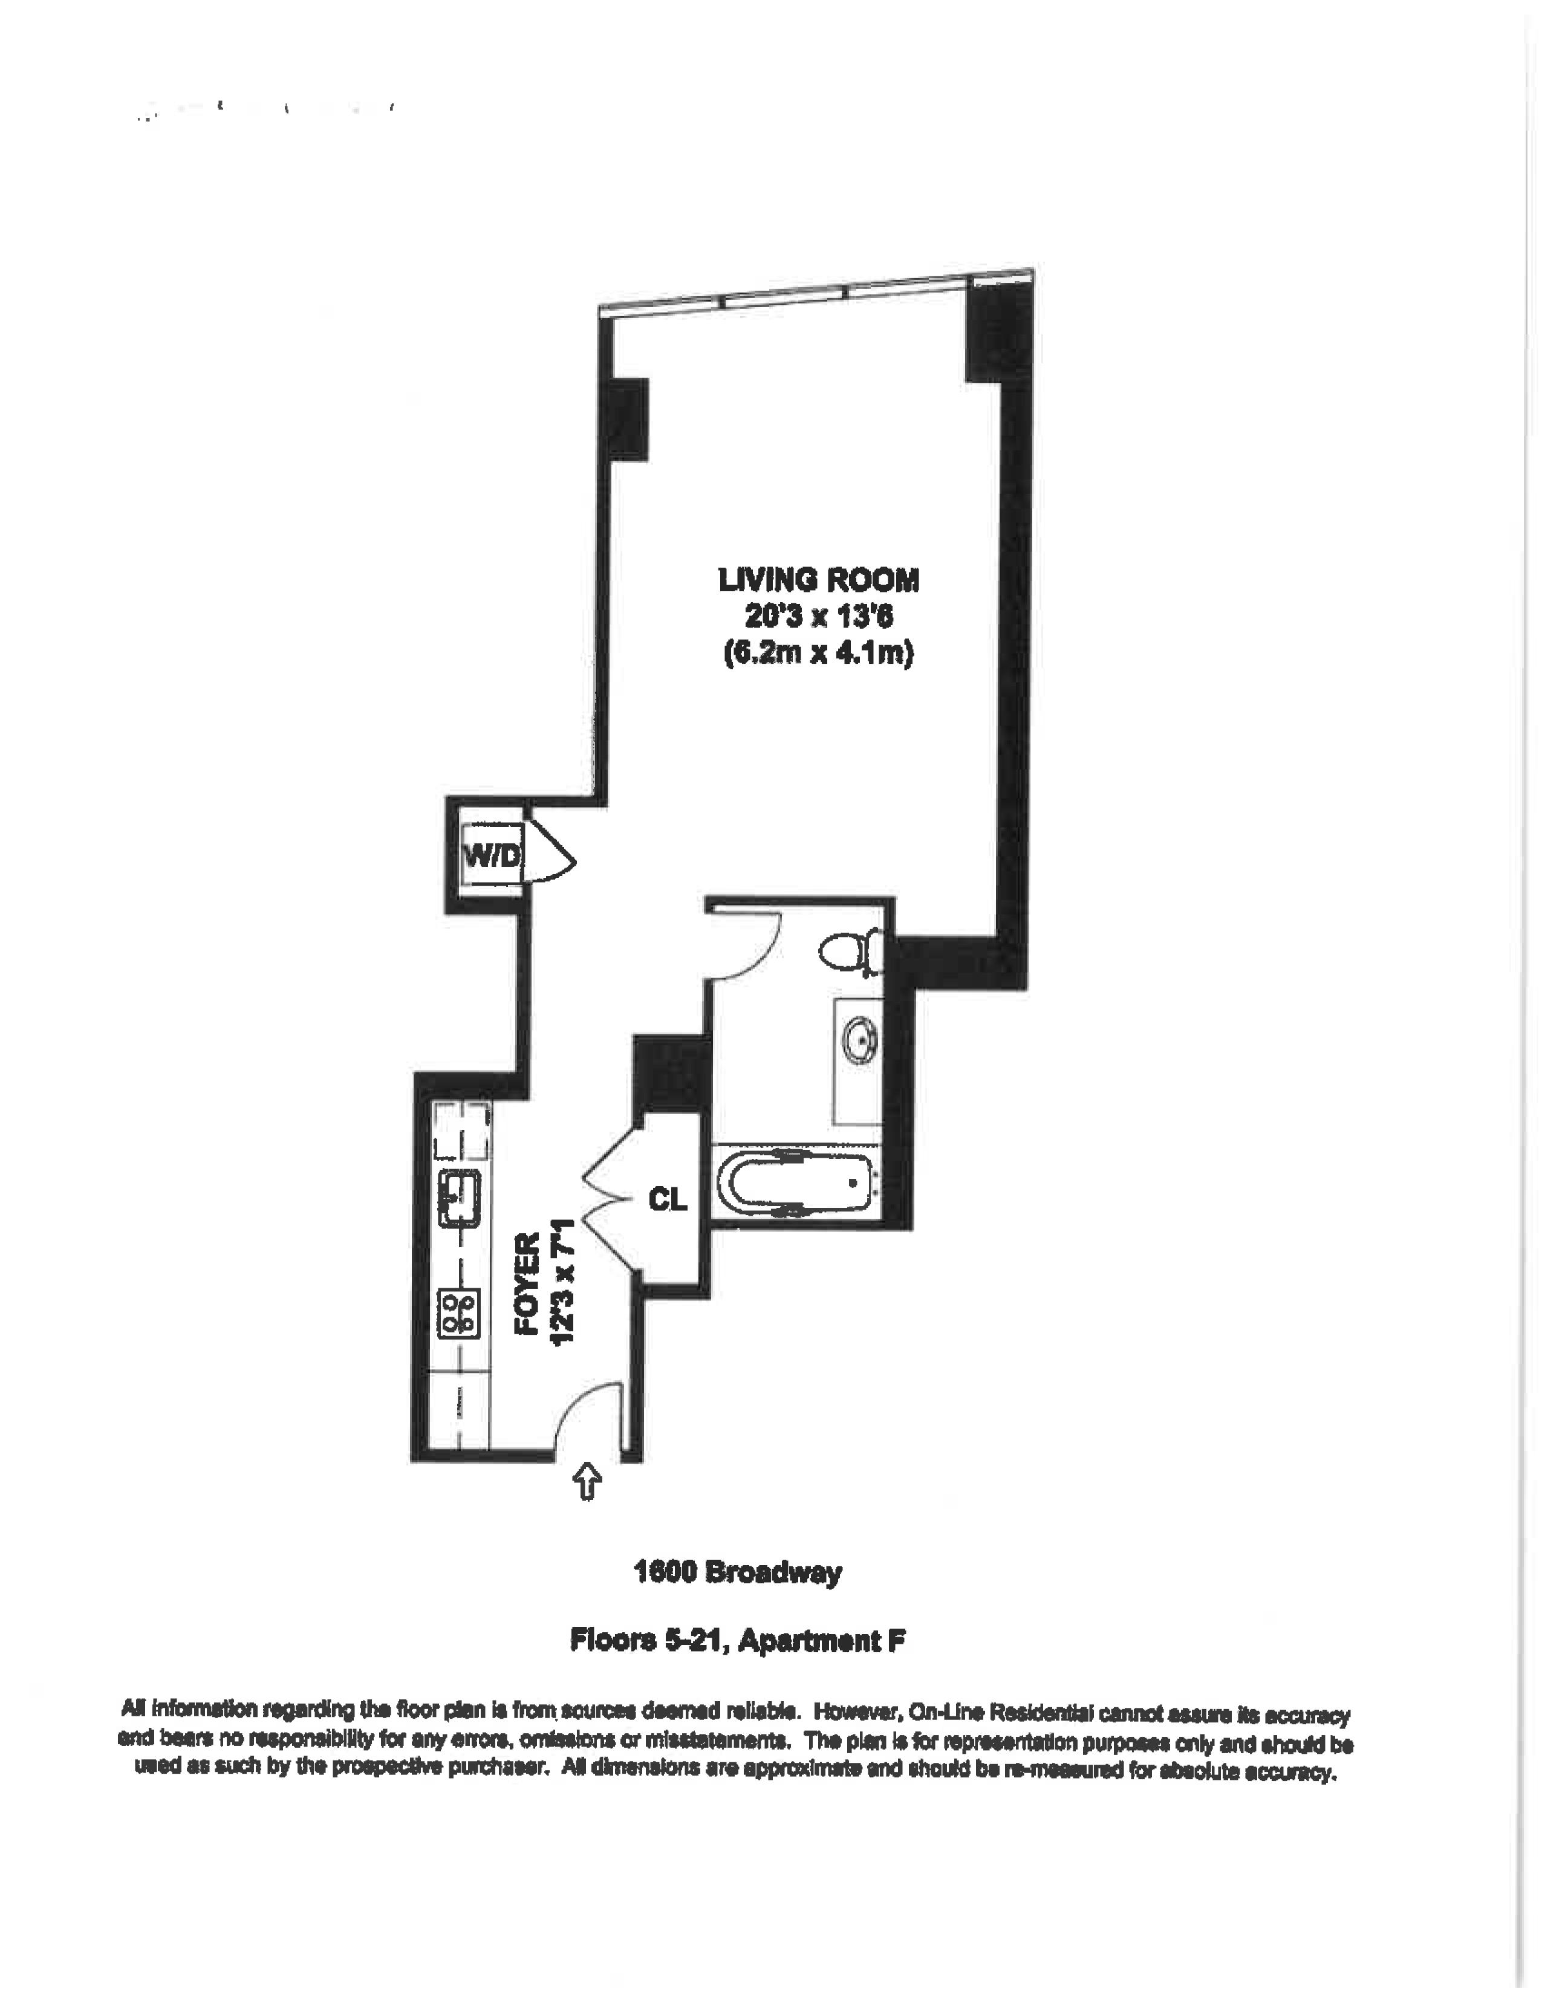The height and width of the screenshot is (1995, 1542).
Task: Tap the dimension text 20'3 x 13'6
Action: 819,617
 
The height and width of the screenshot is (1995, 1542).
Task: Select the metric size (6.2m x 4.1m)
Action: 819,654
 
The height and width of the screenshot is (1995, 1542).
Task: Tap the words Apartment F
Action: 821,1641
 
